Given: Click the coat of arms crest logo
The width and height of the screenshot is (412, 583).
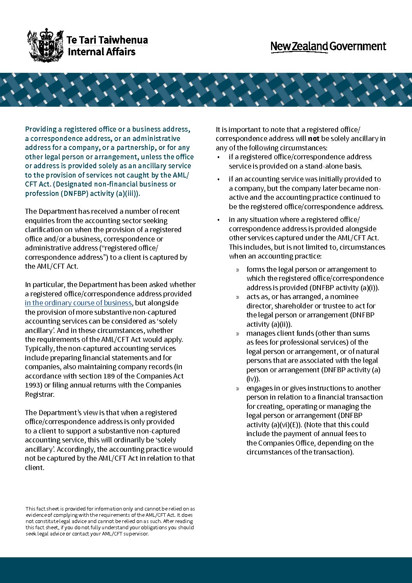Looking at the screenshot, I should (x=45, y=45).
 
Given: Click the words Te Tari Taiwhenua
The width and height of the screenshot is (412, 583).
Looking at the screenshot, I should (x=107, y=40).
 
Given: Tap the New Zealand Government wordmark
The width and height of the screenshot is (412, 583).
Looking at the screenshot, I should (x=328, y=47).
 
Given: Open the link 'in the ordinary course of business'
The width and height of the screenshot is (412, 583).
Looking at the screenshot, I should (x=79, y=303).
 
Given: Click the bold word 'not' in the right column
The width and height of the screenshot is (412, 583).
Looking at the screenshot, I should (x=313, y=139).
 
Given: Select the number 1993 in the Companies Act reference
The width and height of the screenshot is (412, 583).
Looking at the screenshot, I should (x=33, y=385).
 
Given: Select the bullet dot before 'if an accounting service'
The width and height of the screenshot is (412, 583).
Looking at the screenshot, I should (x=219, y=180).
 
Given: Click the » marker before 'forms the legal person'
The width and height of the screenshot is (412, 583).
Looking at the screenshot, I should (x=238, y=270).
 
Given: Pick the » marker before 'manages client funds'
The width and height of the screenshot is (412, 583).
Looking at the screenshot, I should (x=238, y=334).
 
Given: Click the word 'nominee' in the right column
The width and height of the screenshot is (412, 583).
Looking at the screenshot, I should (x=344, y=297).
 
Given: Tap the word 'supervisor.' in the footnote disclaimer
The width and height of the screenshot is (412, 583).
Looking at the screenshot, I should (x=136, y=534).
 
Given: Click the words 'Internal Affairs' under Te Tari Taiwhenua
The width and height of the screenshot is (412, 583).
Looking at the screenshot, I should (x=102, y=52).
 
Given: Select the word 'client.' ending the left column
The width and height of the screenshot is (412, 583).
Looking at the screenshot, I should (x=35, y=468).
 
